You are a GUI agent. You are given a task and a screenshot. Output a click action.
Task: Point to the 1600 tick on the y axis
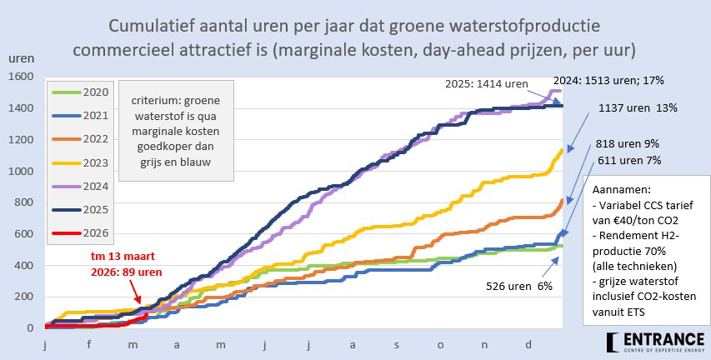[19, 77]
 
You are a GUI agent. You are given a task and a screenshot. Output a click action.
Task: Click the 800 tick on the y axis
[23, 202]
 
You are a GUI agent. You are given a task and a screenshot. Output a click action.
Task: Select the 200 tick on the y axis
[23, 297]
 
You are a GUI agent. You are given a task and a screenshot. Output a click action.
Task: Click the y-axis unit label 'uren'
[21, 59]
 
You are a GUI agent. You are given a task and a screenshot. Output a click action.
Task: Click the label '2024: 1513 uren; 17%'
[608, 80]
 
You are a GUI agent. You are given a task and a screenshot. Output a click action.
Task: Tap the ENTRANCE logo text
[665, 339]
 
